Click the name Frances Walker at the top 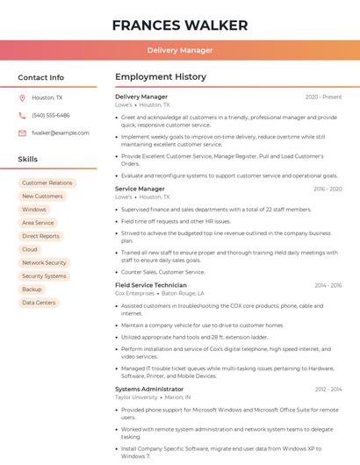[x=180, y=25]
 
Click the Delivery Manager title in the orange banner [x=180, y=50]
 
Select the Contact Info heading [x=41, y=77]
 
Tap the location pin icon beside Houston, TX [x=22, y=98]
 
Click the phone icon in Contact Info [x=22, y=116]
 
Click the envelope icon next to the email [x=22, y=133]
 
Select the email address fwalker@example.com [x=61, y=133]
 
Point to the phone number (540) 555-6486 [x=51, y=116]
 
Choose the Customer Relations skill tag [x=47, y=183]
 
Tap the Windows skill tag [x=34, y=210]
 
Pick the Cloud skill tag [x=30, y=249]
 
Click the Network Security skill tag [x=44, y=263]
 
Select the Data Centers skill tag [x=39, y=303]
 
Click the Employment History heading [x=161, y=77]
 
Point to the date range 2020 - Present [x=323, y=97]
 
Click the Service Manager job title [x=140, y=189]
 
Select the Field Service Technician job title [x=151, y=285]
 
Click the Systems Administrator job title [x=149, y=389]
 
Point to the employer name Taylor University [x=136, y=397]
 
